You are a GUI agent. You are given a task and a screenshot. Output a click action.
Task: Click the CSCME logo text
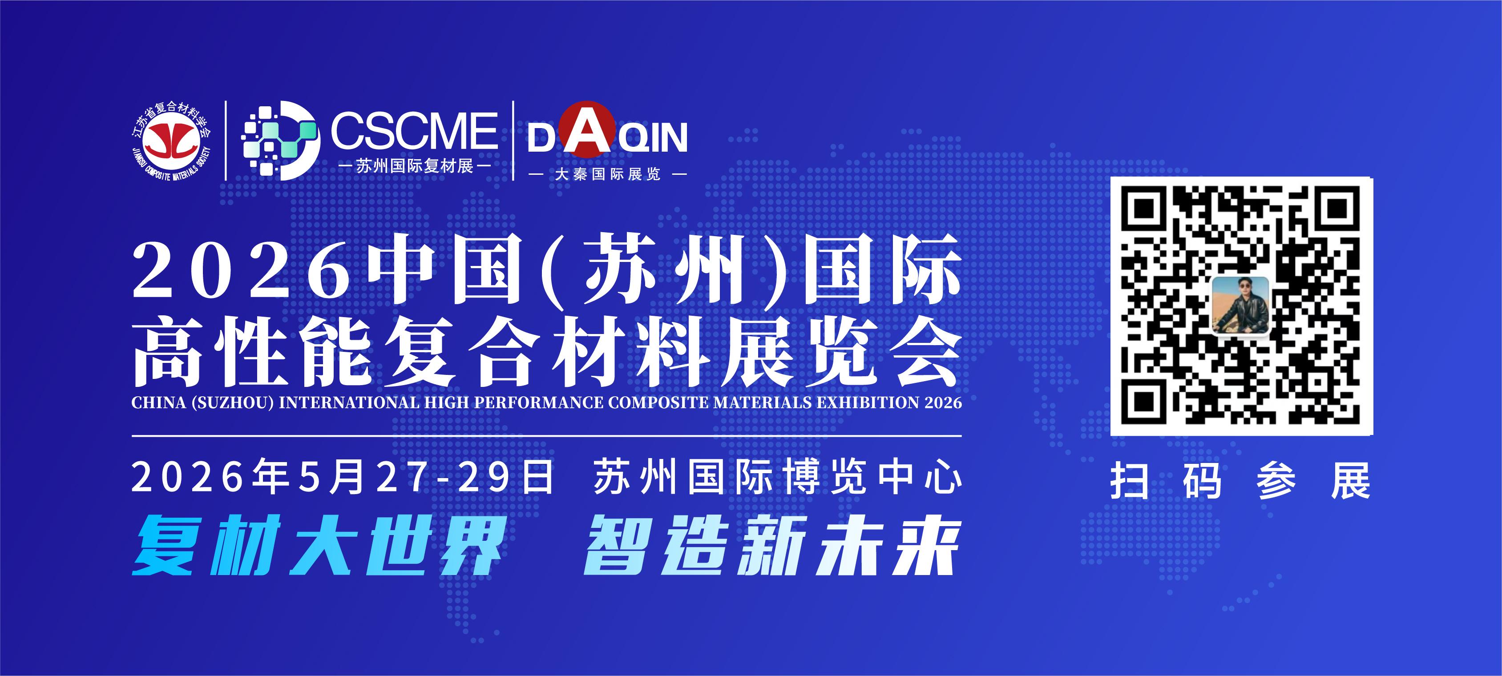(x=414, y=131)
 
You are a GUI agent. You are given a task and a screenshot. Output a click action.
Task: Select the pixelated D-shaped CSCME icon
(x=280, y=141)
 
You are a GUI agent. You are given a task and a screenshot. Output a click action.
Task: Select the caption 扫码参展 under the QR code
(x=1240, y=481)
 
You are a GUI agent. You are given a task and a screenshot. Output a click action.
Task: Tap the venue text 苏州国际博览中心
(x=777, y=478)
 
